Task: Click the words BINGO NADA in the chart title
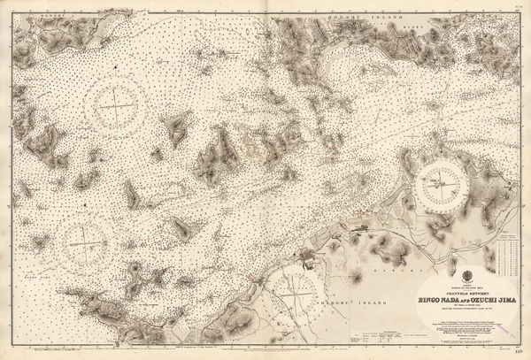click(x=437, y=299)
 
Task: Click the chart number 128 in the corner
click(x=519, y=352)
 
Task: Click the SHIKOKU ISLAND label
click(x=340, y=296)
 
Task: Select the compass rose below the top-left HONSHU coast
click(x=115, y=105)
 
